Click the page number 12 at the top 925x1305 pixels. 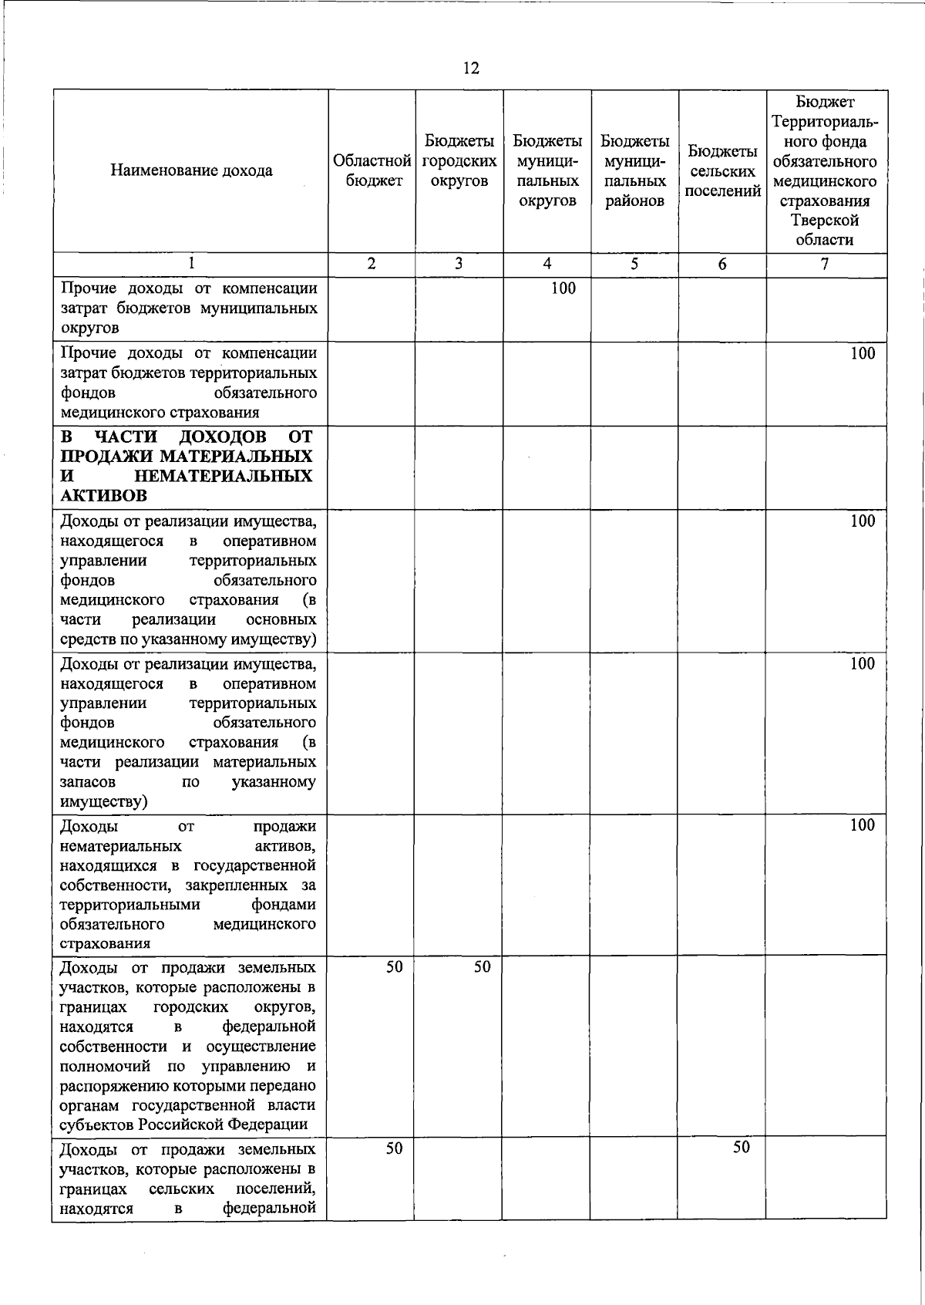(x=471, y=69)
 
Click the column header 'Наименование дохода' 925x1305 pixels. (x=191, y=170)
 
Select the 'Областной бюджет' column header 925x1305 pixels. (x=372, y=170)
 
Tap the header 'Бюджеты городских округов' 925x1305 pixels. (x=459, y=161)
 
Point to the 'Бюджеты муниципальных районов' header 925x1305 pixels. (x=634, y=170)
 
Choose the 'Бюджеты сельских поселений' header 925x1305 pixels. (x=722, y=170)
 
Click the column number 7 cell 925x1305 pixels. (x=826, y=264)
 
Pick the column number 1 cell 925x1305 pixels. (x=191, y=264)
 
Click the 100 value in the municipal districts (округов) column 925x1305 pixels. (x=563, y=288)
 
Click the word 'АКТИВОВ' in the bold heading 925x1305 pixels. (x=103, y=495)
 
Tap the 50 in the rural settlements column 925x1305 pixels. (x=741, y=1147)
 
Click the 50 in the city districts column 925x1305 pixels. (x=482, y=966)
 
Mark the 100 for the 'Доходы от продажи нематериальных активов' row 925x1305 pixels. (x=863, y=825)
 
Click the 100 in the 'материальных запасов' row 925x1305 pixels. (x=863, y=663)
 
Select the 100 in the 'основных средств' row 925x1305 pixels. (x=863, y=521)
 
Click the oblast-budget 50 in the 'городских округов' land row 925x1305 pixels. (x=394, y=966)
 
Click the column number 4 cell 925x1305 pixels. (x=547, y=264)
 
